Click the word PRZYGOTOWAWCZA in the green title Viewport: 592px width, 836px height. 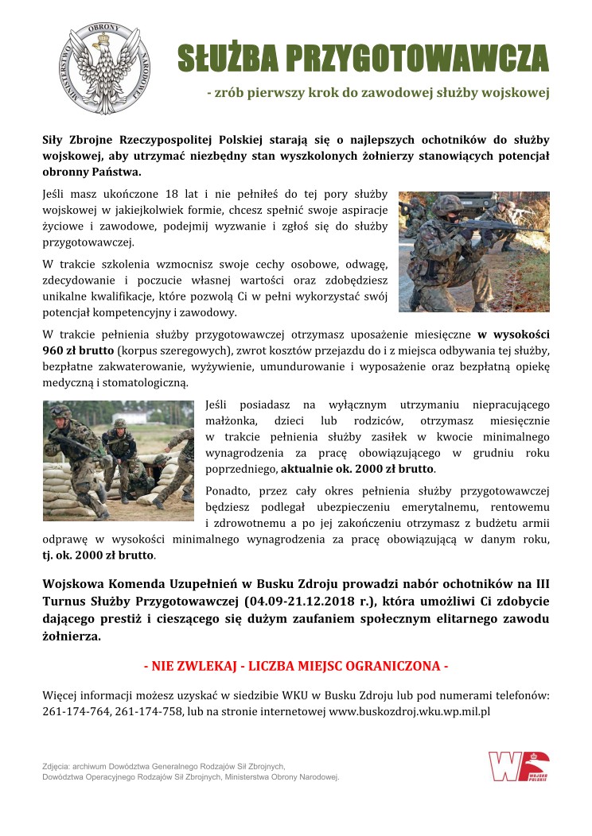point(416,58)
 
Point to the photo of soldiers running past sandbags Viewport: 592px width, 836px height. point(118,460)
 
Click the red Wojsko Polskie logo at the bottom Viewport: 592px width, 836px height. point(519,766)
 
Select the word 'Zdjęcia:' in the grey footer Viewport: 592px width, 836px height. point(60,766)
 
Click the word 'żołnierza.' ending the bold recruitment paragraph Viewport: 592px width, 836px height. point(72,637)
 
